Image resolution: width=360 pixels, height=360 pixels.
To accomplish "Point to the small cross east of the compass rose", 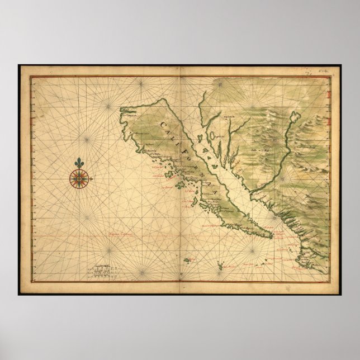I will (92, 179).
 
